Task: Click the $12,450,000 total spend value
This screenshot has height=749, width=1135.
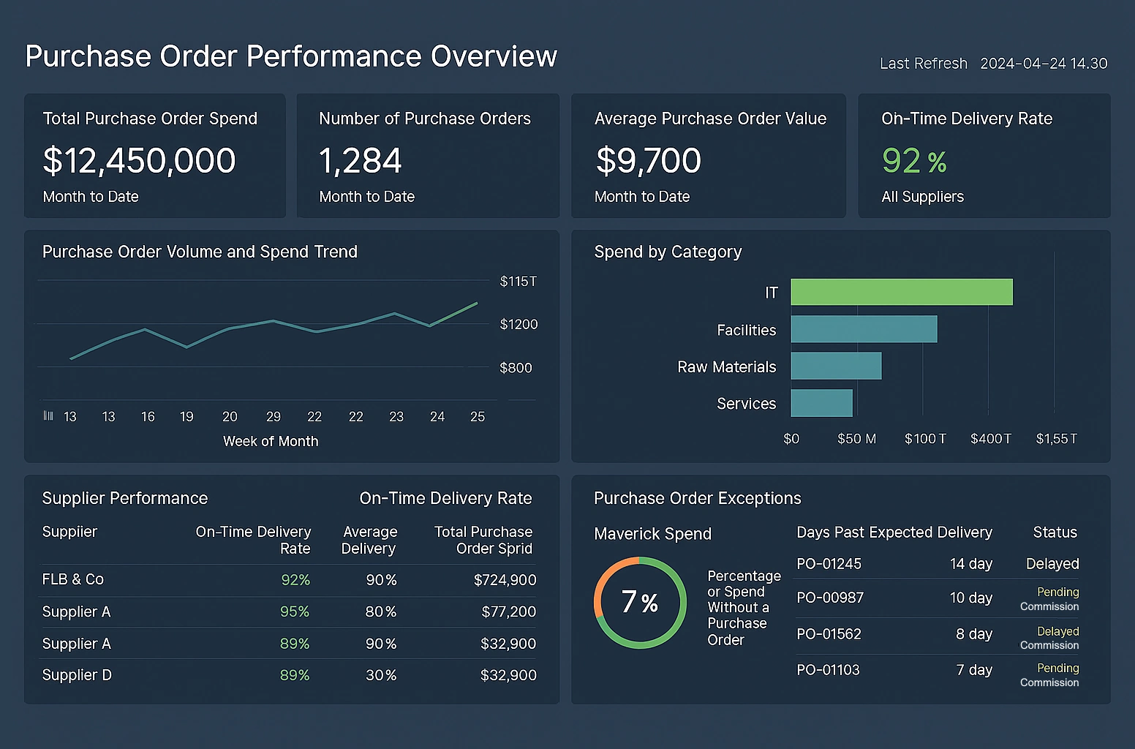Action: click(x=139, y=161)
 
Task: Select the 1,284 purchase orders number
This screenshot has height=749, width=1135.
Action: click(x=360, y=161)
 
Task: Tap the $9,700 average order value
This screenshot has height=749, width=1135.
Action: click(x=648, y=161)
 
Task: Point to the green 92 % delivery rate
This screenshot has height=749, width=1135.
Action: click(x=914, y=161)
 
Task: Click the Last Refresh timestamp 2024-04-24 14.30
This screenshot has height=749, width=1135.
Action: click(x=1044, y=64)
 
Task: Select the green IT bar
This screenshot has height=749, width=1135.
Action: click(x=901, y=292)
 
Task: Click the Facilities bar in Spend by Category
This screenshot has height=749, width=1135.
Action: click(x=864, y=329)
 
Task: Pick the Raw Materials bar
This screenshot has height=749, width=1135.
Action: click(x=836, y=366)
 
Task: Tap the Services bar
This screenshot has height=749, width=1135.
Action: click(x=821, y=403)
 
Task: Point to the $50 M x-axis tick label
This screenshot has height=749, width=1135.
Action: click(x=856, y=439)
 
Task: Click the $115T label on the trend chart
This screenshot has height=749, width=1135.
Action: click(x=518, y=282)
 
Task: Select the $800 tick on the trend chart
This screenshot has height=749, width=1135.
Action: click(x=516, y=368)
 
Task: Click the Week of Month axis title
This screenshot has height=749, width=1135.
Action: click(x=271, y=441)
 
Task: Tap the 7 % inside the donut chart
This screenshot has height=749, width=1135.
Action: click(x=640, y=602)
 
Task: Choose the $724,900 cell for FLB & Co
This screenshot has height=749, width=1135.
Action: click(x=505, y=580)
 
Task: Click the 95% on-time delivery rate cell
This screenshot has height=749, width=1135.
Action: click(x=295, y=611)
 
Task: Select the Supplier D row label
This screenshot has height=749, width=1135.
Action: click(x=77, y=675)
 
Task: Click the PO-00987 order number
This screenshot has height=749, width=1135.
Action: click(x=830, y=598)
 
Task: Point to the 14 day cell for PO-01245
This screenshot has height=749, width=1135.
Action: click(x=970, y=564)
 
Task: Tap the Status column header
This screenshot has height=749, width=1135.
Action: click(x=1055, y=532)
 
